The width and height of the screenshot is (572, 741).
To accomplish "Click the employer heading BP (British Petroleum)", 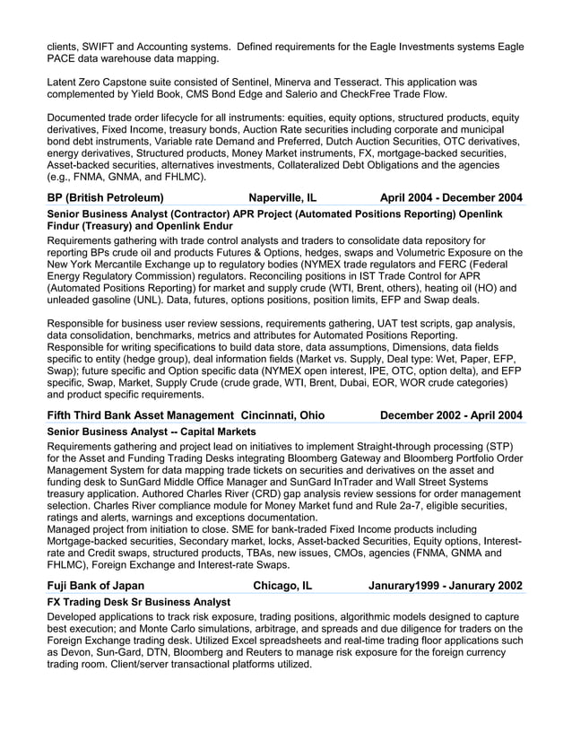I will [x=105, y=197].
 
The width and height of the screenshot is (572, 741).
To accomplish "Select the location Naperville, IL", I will [x=282, y=197].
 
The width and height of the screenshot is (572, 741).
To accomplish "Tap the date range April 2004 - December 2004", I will [x=451, y=197].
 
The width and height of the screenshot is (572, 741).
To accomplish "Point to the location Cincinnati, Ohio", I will [x=282, y=415].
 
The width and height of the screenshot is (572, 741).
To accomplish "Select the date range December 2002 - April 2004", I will [x=451, y=415].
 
